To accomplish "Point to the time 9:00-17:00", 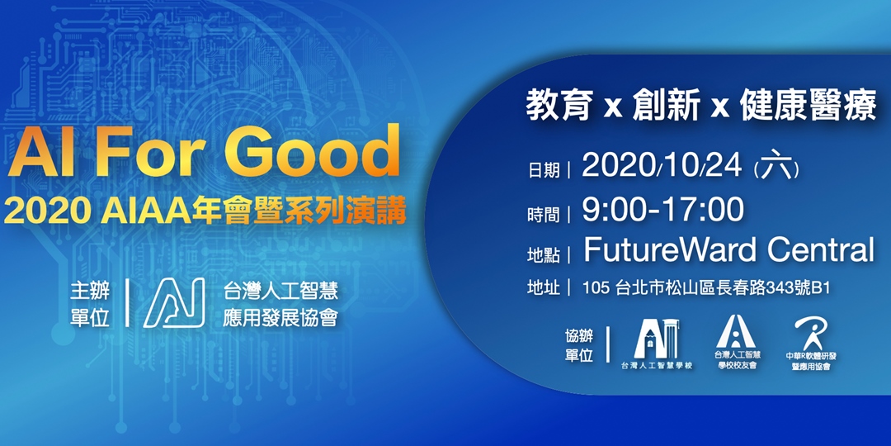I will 662,209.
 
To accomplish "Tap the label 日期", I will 544,170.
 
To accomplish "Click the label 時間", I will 544,213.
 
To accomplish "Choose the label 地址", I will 544,288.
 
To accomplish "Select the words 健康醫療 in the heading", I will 808,107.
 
